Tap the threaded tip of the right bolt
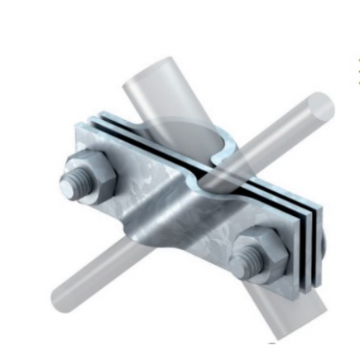[244, 263]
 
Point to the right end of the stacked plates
[319, 236]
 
